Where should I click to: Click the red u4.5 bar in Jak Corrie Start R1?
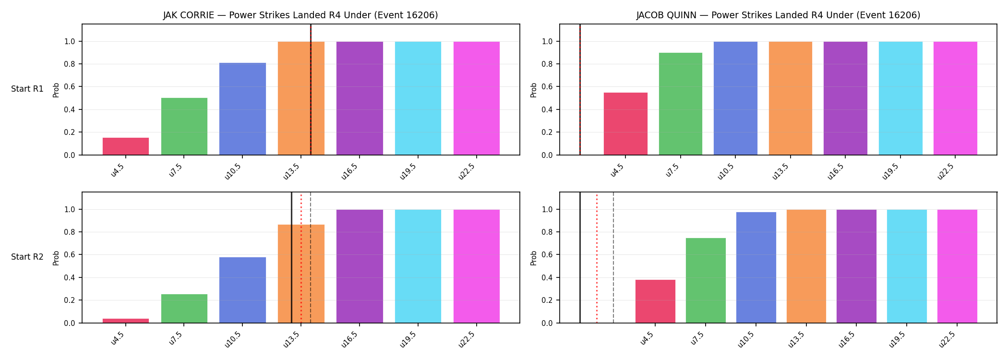pyautogui.click(x=126, y=146)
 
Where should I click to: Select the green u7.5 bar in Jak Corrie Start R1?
pyautogui.click(x=184, y=127)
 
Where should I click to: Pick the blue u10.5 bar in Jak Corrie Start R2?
pyautogui.click(x=242, y=290)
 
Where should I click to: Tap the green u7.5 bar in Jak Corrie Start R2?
pyautogui.click(x=184, y=309)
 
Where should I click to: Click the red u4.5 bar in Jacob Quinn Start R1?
pyautogui.click(x=625, y=124)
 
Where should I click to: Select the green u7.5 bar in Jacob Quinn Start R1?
pyautogui.click(x=681, y=104)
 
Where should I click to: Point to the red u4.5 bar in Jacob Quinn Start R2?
pyautogui.click(x=655, y=301)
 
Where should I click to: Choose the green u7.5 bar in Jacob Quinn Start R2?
pyautogui.click(x=706, y=281)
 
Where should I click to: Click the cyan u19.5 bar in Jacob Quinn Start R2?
pyautogui.click(x=907, y=266)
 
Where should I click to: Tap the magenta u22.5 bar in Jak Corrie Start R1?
pyautogui.click(x=477, y=98)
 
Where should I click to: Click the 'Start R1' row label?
pyautogui.click(x=27, y=89)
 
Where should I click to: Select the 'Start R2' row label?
pyautogui.click(x=27, y=257)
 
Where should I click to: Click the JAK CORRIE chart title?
pyautogui.click(x=300, y=15)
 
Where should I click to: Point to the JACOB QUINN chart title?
pyautogui.click(x=779, y=15)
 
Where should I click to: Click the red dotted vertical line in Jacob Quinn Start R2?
pyautogui.click(x=597, y=258)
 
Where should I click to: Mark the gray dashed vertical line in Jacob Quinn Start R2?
pyautogui.click(x=613, y=258)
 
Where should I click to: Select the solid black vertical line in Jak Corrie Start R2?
pyautogui.click(x=291, y=258)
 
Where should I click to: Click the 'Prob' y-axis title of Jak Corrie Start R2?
pyautogui.click(x=56, y=258)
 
